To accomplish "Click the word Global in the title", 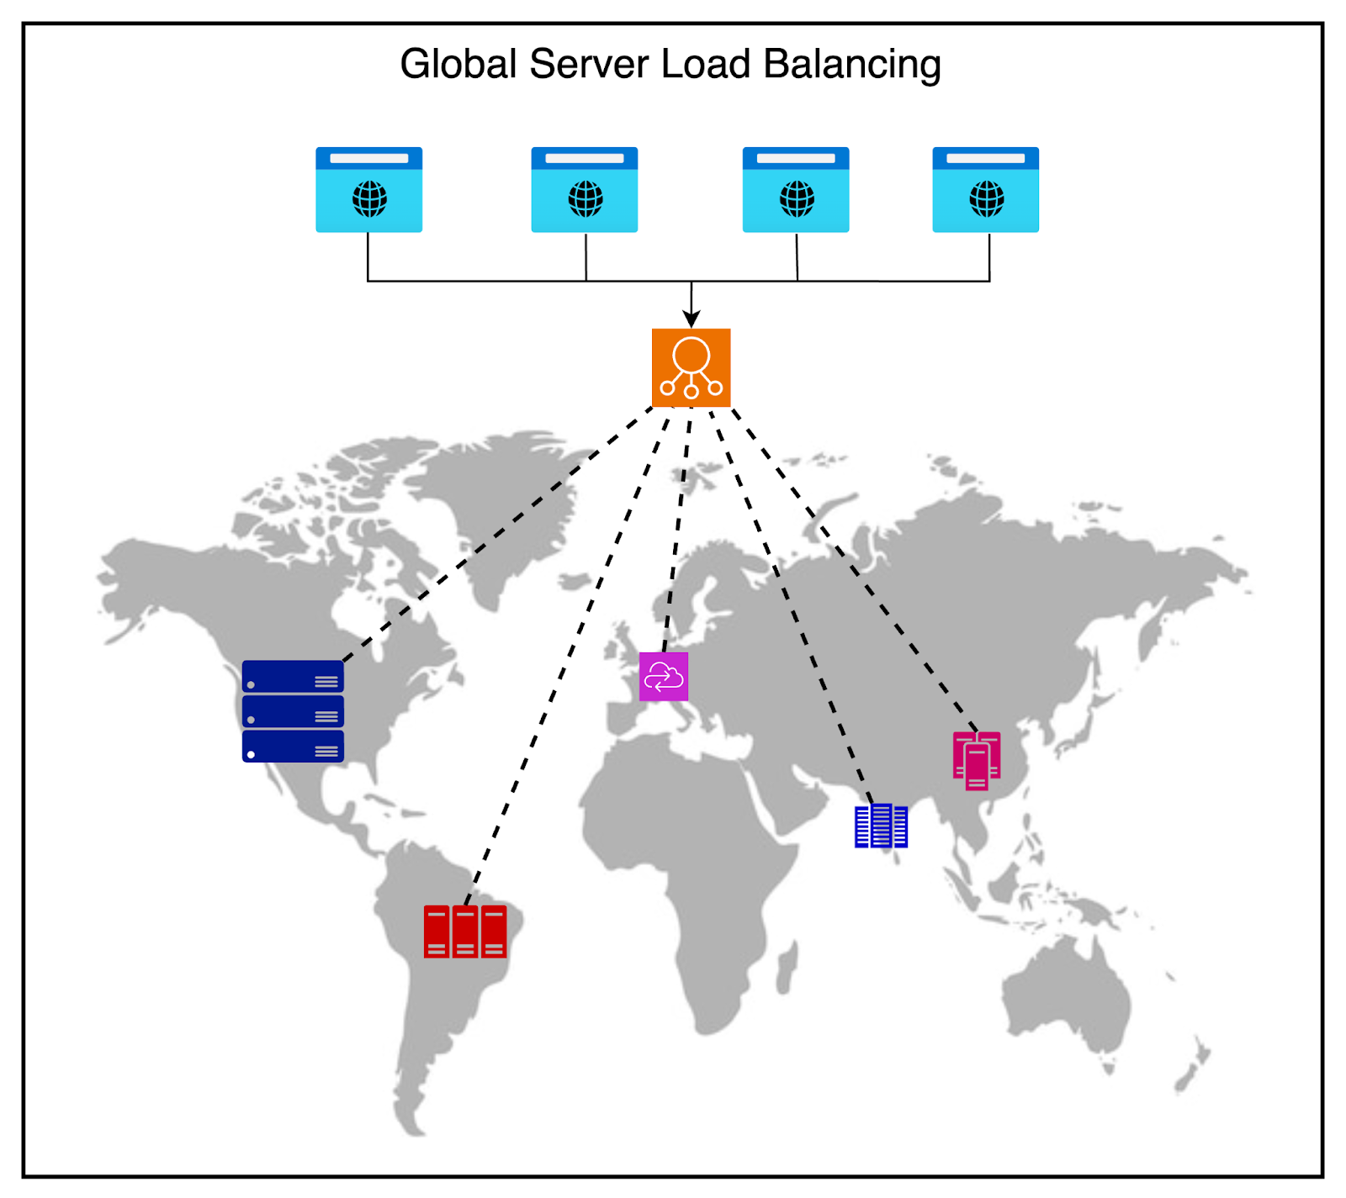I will pos(458,65).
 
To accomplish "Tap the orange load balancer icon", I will pos(691,367).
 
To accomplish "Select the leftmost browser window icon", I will pos(368,189).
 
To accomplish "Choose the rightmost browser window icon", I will pos(985,189).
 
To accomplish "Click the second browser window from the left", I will pos(584,189).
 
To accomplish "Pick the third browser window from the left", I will pos(795,189).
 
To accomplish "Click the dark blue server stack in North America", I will pos(293,711).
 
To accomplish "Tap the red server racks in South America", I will pos(465,931).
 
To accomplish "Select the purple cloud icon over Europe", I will pos(663,676).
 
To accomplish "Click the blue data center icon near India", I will pos(881,826).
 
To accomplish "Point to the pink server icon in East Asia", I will pos(976,760).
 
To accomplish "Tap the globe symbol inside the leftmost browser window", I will pos(369,199).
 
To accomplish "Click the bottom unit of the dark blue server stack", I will pos(293,747).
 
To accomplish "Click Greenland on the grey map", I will pos(496,504).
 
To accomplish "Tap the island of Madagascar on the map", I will pos(787,967).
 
